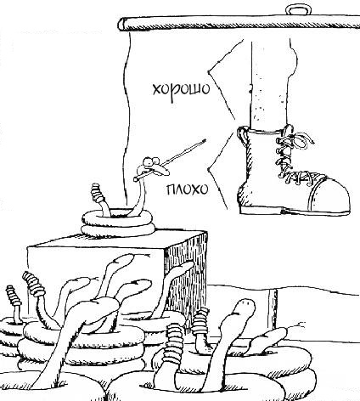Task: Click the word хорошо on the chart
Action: [181, 89]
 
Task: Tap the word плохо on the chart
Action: [187, 189]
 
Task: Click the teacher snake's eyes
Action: [150, 161]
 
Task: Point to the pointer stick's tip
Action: [205, 140]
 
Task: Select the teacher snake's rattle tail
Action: [97, 193]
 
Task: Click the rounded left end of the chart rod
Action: [122, 24]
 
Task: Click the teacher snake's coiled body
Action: [118, 223]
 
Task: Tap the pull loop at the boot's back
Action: [242, 135]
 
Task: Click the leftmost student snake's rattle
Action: [14, 295]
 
